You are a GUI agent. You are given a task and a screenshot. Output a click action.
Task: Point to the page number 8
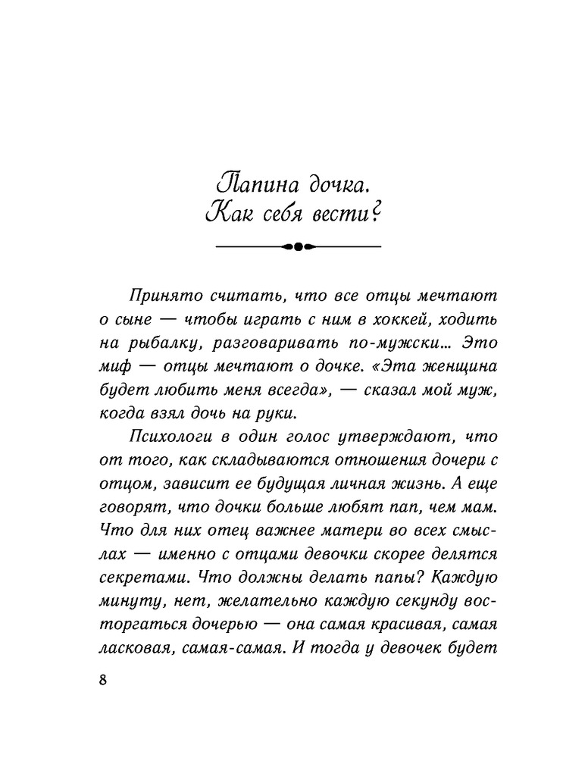(x=103, y=678)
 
